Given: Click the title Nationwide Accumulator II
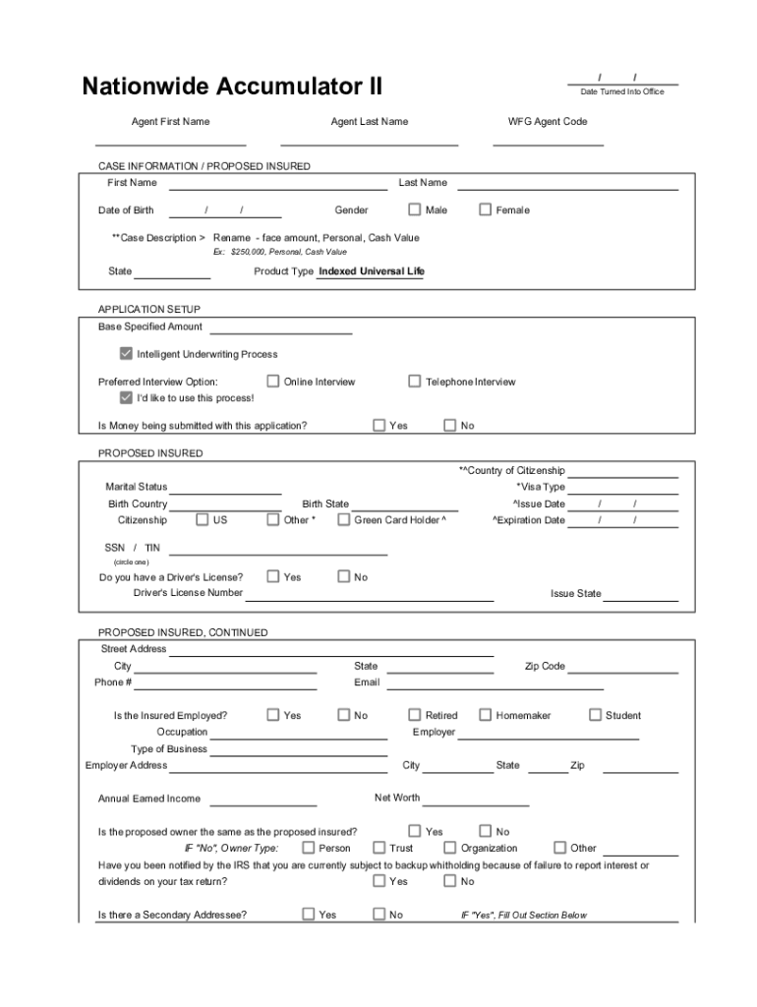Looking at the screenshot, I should pyautogui.click(x=232, y=88).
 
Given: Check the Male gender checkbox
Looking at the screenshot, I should pyautogui.click(x=415, y=209).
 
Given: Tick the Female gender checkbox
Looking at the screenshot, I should pyautogui.click(x=486, y=209).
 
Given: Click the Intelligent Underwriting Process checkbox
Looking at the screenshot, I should pyautogui.click(x=126, y=354).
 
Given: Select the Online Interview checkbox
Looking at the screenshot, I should pyautogui.click(x=273, y=382).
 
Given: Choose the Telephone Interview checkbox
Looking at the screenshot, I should pyautogui.click(x=415, y=382).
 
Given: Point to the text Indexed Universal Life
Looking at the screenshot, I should pyautogui.click(x=372, y=271).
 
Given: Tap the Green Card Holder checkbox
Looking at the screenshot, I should pyautogui.click(x=344, y=520).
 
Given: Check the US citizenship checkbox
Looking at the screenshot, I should pyautogui.click(x=203, y=520).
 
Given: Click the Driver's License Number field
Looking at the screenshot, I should pyautogui.click(x=369, y=594).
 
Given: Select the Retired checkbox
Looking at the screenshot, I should pyautogui.click(x=415, y=716).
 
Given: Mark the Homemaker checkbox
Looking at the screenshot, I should pyautogui.click(x=486, y=716).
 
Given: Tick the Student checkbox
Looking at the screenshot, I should pyautogui.click(x=596, y=716).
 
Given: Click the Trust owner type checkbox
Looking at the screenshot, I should pyautogui.click(x=379, y=848).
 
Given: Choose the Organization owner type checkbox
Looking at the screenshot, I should pyautogui.click(x=450, y=848).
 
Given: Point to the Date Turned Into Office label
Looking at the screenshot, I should pyautogui.click(x=622, y=91).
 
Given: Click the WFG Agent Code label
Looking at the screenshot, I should pyautogui.click(x=548, y=122).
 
